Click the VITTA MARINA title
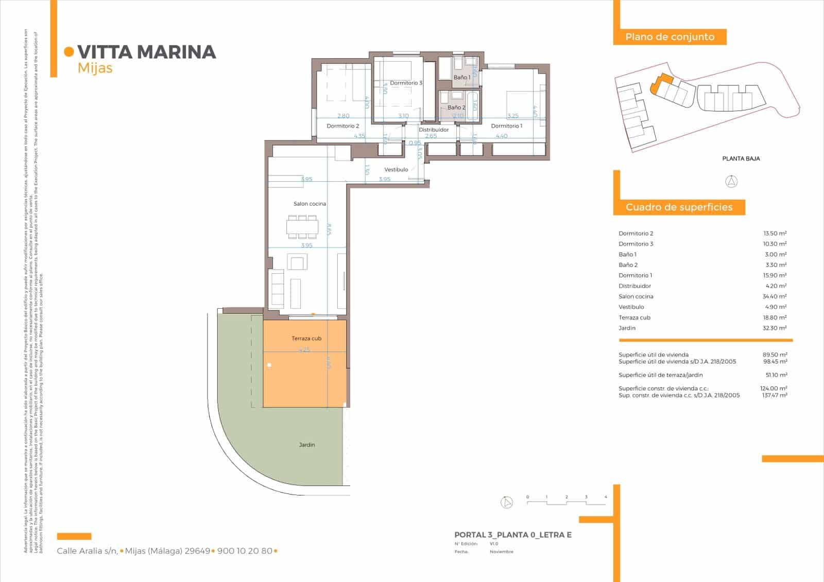tap(146, 52)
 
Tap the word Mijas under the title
tap(95, 68)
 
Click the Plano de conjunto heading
tap(669, 37)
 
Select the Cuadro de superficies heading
tap(679, 207)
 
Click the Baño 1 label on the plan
tap(461, 78)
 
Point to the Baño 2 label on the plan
tap(456, 108)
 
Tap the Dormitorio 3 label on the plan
tap(406, 83)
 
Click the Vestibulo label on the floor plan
tap(396, 170)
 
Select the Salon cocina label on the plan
tap(310, 204)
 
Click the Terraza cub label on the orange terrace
tap(306, 339)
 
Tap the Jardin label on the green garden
tap(307, 445)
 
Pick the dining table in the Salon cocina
tap(302, 226)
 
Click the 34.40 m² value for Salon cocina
tap(774, 296)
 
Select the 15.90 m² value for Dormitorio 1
tap(774, 275)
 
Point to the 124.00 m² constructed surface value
tap(775, 389)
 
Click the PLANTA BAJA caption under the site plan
tap(741, 158)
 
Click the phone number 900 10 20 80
tap(245, 551)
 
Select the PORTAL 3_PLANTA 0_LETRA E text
tap(513, 535)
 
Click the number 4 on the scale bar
tap(606, 497)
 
